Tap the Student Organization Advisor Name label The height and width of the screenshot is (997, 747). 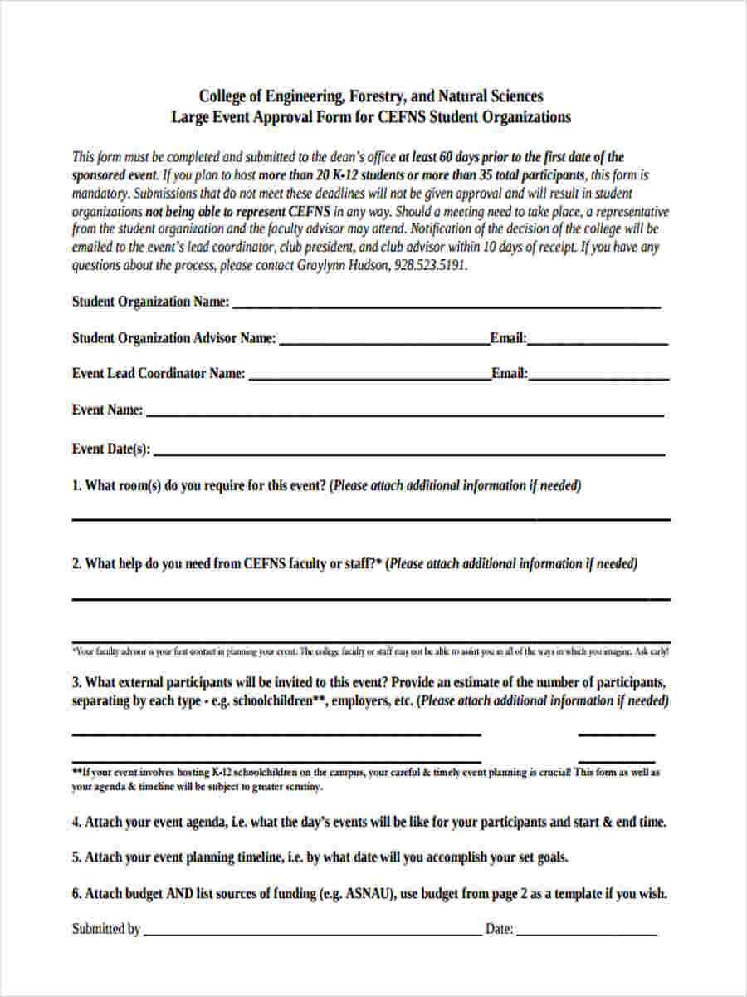point(173,338)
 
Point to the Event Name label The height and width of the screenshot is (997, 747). point(107,410)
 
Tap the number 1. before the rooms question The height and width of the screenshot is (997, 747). point(77,486)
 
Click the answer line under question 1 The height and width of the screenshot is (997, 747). point(371,519)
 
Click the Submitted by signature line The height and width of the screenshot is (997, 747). point(312,934)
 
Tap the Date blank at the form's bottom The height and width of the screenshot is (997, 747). point(587,934)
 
